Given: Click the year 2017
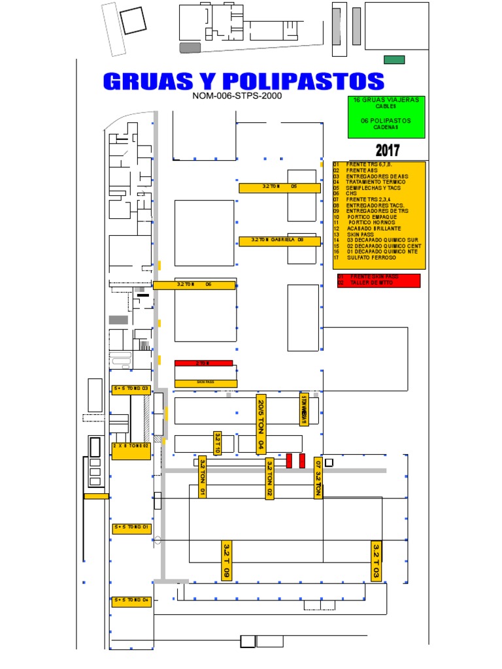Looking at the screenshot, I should point(386,150).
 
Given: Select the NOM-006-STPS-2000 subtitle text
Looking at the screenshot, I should point(237,96).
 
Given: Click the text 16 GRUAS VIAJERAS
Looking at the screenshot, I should point(386,100).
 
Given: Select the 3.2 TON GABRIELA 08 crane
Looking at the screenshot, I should point(279,240).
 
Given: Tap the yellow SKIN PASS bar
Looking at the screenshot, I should point(205,383).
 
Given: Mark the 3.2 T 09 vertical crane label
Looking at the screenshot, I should point(226,560).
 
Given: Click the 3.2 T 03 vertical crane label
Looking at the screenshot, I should point(376,561).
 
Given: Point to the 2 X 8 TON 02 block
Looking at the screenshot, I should point(131,450).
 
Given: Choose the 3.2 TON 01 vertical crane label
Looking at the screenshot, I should point(203,477).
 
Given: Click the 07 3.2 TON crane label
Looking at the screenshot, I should point(318,478).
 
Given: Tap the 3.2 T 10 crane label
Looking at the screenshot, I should point(218,442).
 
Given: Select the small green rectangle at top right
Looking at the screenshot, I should point(394,59).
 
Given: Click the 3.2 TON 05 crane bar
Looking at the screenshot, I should point(279,188).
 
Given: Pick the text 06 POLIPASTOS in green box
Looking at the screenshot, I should point(386,121).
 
